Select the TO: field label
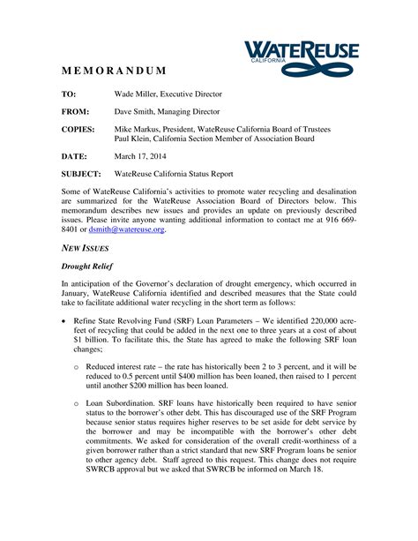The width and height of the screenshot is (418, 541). coord(69,94)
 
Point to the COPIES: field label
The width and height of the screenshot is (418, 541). coord(78,130)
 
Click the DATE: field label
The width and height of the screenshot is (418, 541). coord(75,156)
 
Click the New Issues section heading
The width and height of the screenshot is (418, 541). coord(85,250)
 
